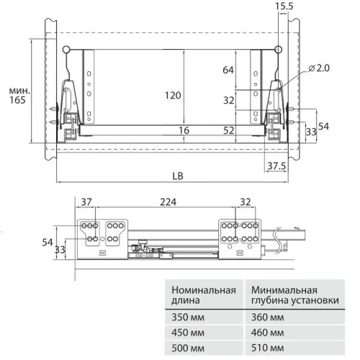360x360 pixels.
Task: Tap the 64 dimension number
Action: tap(229, 71)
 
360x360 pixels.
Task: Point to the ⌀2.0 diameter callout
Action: tap(319, 68)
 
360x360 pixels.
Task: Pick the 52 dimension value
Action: tap(229, 130)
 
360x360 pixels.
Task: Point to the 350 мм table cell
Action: tap(186, 315)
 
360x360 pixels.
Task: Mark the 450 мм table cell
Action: tap(186, 331)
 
